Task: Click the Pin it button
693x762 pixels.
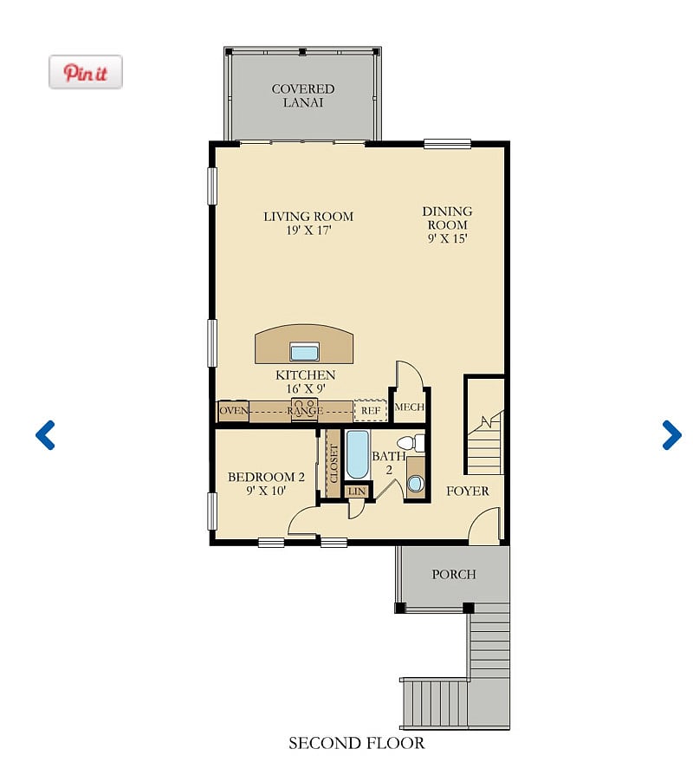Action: (x=86, y=72)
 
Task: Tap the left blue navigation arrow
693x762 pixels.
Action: (x=45, y=435)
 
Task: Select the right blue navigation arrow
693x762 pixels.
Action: (x=671, y=435)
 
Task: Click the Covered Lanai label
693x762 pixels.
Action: (x=303, y=95)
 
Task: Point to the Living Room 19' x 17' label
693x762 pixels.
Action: (x=308, y=223)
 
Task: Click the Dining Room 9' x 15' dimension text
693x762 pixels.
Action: (x=447, y=238)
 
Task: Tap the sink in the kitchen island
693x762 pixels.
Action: (x=305, y=351)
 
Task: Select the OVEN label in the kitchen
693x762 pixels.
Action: (x=234, y=411)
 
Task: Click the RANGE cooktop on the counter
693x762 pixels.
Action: (x=305, y=410)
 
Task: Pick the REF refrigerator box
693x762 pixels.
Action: (x=371, y=411)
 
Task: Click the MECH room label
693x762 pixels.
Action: (x=410, y=407)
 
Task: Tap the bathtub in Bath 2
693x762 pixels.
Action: (x=358, y=455)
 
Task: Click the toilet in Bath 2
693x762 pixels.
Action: (x=411, y=443)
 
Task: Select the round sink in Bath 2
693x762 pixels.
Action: (x=415, y=484)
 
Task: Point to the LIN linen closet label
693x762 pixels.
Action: (x=357, y=492)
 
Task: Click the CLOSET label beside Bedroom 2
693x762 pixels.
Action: (x=334, y=464)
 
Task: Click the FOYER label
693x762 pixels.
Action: (x=468, y=492)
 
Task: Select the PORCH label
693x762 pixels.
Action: (x=454, y=575)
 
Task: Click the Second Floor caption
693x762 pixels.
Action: (x=356, y=743)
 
